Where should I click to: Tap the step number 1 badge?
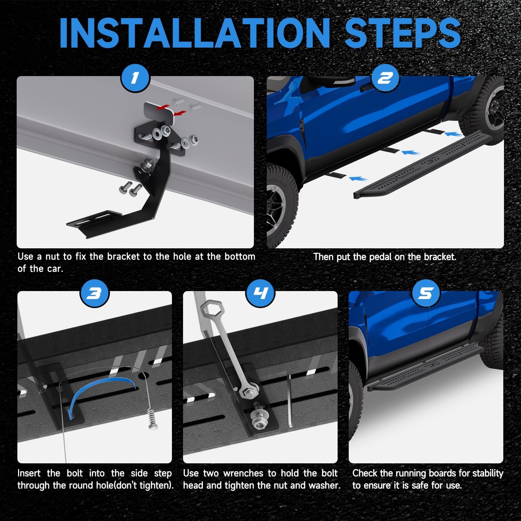coord(135,78)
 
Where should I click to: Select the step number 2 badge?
coord(385,78)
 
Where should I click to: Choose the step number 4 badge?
coord(260,294)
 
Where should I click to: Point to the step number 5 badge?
coord(426,294)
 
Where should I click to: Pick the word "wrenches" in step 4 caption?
coord(243,473)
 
